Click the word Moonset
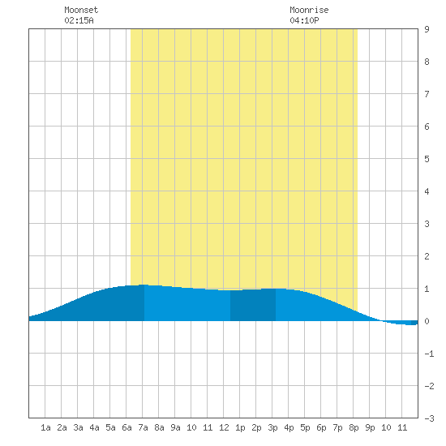click(x=81, y=10)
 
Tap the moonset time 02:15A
click(x=79, y=20)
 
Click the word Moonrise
click(x=309, y=10)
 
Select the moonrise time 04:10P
click(x=304, y=20)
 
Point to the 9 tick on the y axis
click(x=427, y=29)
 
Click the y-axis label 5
click(x=427, y=159)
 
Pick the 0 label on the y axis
click(x=427, y=321)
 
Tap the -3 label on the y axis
click(x=429, y=418)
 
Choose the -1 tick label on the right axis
click(x=429, y=354)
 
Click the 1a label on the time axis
click(x=45, y=427)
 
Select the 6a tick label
click(x=127, y=427)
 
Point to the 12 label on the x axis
click(x=224, y=427)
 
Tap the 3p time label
click(x=272, y=427)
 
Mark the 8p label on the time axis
click(x=354, y=427)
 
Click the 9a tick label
click(x=175, y=427)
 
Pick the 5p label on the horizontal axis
click(x=305, y=427)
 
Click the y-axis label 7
click(x=427, y=94)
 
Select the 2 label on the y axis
click(x=427, y=256)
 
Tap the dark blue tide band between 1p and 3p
click(x=253, y=305)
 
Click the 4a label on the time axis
click(x=94, y=427)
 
